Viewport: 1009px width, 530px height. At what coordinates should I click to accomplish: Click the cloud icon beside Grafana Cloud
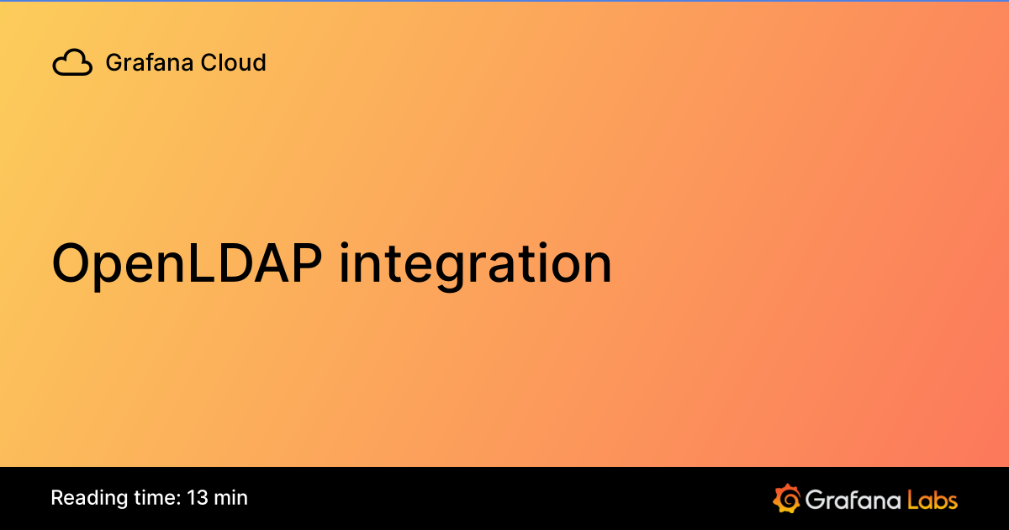tap(72, 63)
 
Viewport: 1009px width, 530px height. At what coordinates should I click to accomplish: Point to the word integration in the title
tap(476, 264)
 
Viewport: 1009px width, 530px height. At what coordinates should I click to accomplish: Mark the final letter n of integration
tap(596, 268)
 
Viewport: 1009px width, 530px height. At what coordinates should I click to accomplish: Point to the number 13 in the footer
tap(198, 497)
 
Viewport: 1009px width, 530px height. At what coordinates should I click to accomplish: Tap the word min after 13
tap(230, 497)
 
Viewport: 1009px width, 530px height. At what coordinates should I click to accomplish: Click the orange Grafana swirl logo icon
tap(785, 498)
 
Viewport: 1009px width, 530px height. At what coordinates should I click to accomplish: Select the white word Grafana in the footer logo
tap(853, 499)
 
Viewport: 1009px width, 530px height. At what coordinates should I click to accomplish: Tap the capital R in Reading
tap(56, 497)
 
